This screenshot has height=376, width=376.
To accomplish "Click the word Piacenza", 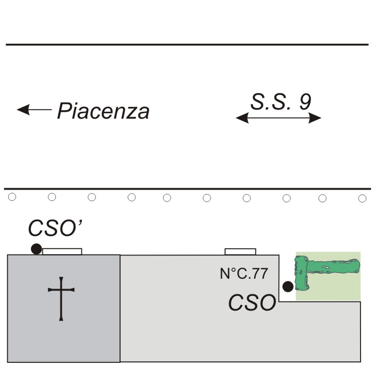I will pos(103,111).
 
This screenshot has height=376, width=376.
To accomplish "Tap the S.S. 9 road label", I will pos(281,102).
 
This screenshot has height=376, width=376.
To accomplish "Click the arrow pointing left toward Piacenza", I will pos(34,110).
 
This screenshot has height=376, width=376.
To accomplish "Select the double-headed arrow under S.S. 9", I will pos(278,118).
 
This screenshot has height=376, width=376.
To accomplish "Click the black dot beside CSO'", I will pos(36,249).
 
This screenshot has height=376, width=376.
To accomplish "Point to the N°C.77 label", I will pos(244,273).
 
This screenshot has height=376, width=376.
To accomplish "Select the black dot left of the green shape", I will pos(288,286).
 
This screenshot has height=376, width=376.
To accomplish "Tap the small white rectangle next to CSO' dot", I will pos(62,251).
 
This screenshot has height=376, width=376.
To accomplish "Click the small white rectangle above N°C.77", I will pos(241,251).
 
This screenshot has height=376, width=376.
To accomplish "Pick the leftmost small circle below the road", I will pos(12,197).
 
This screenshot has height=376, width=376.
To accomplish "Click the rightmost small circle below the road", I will pos(362,198).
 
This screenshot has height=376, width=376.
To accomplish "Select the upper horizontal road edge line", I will pos(186,45).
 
